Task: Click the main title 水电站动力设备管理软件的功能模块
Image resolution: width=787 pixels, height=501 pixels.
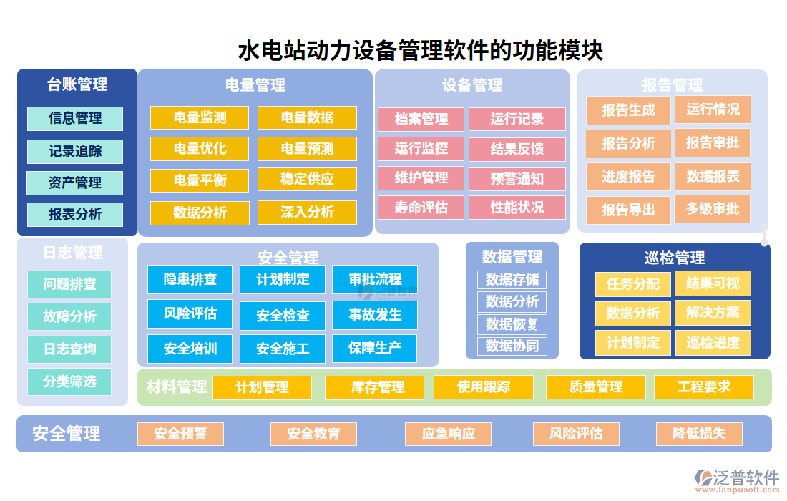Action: pos(420,50)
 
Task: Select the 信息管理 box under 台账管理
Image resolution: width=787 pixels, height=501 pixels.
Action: pos(75,118)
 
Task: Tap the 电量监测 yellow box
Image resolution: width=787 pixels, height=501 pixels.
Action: pos(200,117)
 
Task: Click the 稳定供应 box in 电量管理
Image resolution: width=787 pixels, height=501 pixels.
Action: pos(307,179)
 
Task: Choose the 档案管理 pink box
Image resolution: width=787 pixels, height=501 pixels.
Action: pos(421,119)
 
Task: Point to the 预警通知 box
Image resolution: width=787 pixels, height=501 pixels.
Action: pos(517,179)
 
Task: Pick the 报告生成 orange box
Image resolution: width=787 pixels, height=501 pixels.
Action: pos(627,110)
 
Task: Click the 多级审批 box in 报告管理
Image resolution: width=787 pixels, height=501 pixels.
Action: pos(712,209)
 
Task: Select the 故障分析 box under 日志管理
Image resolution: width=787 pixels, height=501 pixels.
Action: pos(69,316)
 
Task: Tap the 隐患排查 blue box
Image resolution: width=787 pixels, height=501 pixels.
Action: pos(190,279)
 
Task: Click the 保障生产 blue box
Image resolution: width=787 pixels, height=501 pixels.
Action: pos(374,349)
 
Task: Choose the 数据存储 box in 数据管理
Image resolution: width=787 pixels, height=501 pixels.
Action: pos(512,279)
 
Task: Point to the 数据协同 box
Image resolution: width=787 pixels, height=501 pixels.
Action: pos(512,346)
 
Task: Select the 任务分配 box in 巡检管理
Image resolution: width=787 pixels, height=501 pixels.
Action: pos(632,283)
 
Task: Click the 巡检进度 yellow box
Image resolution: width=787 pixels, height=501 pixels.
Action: pos(713,342)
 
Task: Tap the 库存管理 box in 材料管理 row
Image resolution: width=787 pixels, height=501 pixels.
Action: pos(377,387)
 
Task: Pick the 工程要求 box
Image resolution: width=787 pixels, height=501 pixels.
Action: pos(703,386)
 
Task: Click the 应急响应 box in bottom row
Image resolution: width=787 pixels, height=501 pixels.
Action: pos(448,434)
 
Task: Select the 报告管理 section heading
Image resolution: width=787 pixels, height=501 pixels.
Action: pos(671,85)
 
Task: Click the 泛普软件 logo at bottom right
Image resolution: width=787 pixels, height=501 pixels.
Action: pos(737,478)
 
